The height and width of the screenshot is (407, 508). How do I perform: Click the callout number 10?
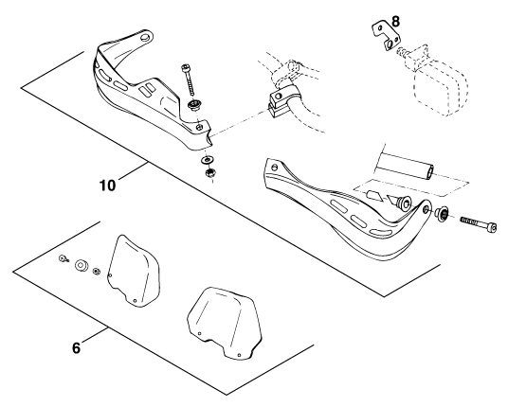coord(107,186)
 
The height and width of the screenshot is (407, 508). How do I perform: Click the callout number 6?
coord(76,348)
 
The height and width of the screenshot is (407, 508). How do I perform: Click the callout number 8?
coord(395,22)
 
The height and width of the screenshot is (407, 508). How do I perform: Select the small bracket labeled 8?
coord(386,35)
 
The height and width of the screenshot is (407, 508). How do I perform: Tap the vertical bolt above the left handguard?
coord(189,80)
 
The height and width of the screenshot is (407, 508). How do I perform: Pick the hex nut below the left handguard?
coord(210,173)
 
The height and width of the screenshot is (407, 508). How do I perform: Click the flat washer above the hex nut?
coord(206,160)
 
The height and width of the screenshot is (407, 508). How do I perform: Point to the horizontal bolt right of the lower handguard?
coord(479,224)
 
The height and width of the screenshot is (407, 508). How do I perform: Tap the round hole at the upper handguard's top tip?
coord(145,37)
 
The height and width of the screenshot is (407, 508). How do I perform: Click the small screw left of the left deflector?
coord(63,258)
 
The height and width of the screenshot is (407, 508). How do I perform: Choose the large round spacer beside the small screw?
coord(82,265)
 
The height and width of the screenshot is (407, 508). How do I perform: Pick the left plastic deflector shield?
coord(134,271)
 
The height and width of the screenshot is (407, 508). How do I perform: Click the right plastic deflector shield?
coord(225,323)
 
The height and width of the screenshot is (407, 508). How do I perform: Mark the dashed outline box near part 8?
coord(441,87)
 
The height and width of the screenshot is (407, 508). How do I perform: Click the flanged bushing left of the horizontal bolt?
coord(442,214)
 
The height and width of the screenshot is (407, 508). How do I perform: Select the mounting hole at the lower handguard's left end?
coord(275,168)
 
